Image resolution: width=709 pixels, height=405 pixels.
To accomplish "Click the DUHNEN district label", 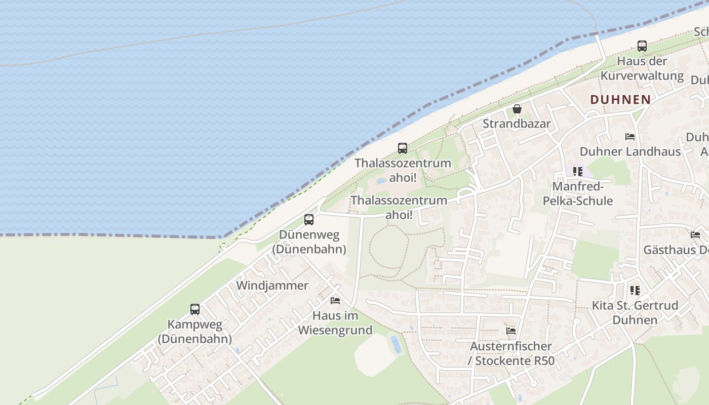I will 620,99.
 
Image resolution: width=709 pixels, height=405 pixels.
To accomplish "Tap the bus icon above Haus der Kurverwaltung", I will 642,46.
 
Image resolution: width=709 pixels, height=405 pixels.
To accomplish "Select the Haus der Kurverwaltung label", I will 642,68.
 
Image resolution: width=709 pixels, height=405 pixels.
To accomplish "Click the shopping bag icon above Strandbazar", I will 517,109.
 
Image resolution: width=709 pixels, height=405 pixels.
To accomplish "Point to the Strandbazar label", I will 517,124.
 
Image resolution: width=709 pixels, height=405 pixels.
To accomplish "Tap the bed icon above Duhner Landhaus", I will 630,137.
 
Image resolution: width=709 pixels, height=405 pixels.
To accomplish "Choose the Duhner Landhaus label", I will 630,151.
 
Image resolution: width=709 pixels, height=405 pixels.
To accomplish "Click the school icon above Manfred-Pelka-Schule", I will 578,172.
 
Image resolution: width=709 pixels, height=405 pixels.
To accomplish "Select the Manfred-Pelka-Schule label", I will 578,193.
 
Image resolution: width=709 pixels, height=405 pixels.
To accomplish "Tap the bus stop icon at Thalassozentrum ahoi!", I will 403,148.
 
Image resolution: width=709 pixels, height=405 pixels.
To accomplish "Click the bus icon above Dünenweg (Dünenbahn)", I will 309,220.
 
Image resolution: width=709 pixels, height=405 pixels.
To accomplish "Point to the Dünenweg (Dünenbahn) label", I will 309,242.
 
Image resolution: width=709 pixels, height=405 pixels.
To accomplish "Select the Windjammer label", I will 272,286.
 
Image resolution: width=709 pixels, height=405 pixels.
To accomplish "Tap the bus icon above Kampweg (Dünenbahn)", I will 195,309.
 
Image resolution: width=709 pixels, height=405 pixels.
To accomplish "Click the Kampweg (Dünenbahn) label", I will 195,332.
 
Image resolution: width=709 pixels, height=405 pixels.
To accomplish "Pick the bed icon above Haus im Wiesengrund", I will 335,301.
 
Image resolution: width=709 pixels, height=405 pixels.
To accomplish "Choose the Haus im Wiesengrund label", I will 335,323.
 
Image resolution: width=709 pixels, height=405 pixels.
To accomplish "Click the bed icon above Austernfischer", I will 511,331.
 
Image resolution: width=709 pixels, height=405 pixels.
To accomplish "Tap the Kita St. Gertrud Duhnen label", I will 635,313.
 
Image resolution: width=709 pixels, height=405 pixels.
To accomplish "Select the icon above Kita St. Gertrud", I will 635,291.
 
